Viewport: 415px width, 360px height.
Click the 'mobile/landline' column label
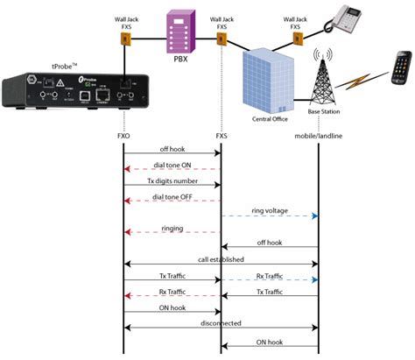317,138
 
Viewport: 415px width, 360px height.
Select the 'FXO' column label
124,138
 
